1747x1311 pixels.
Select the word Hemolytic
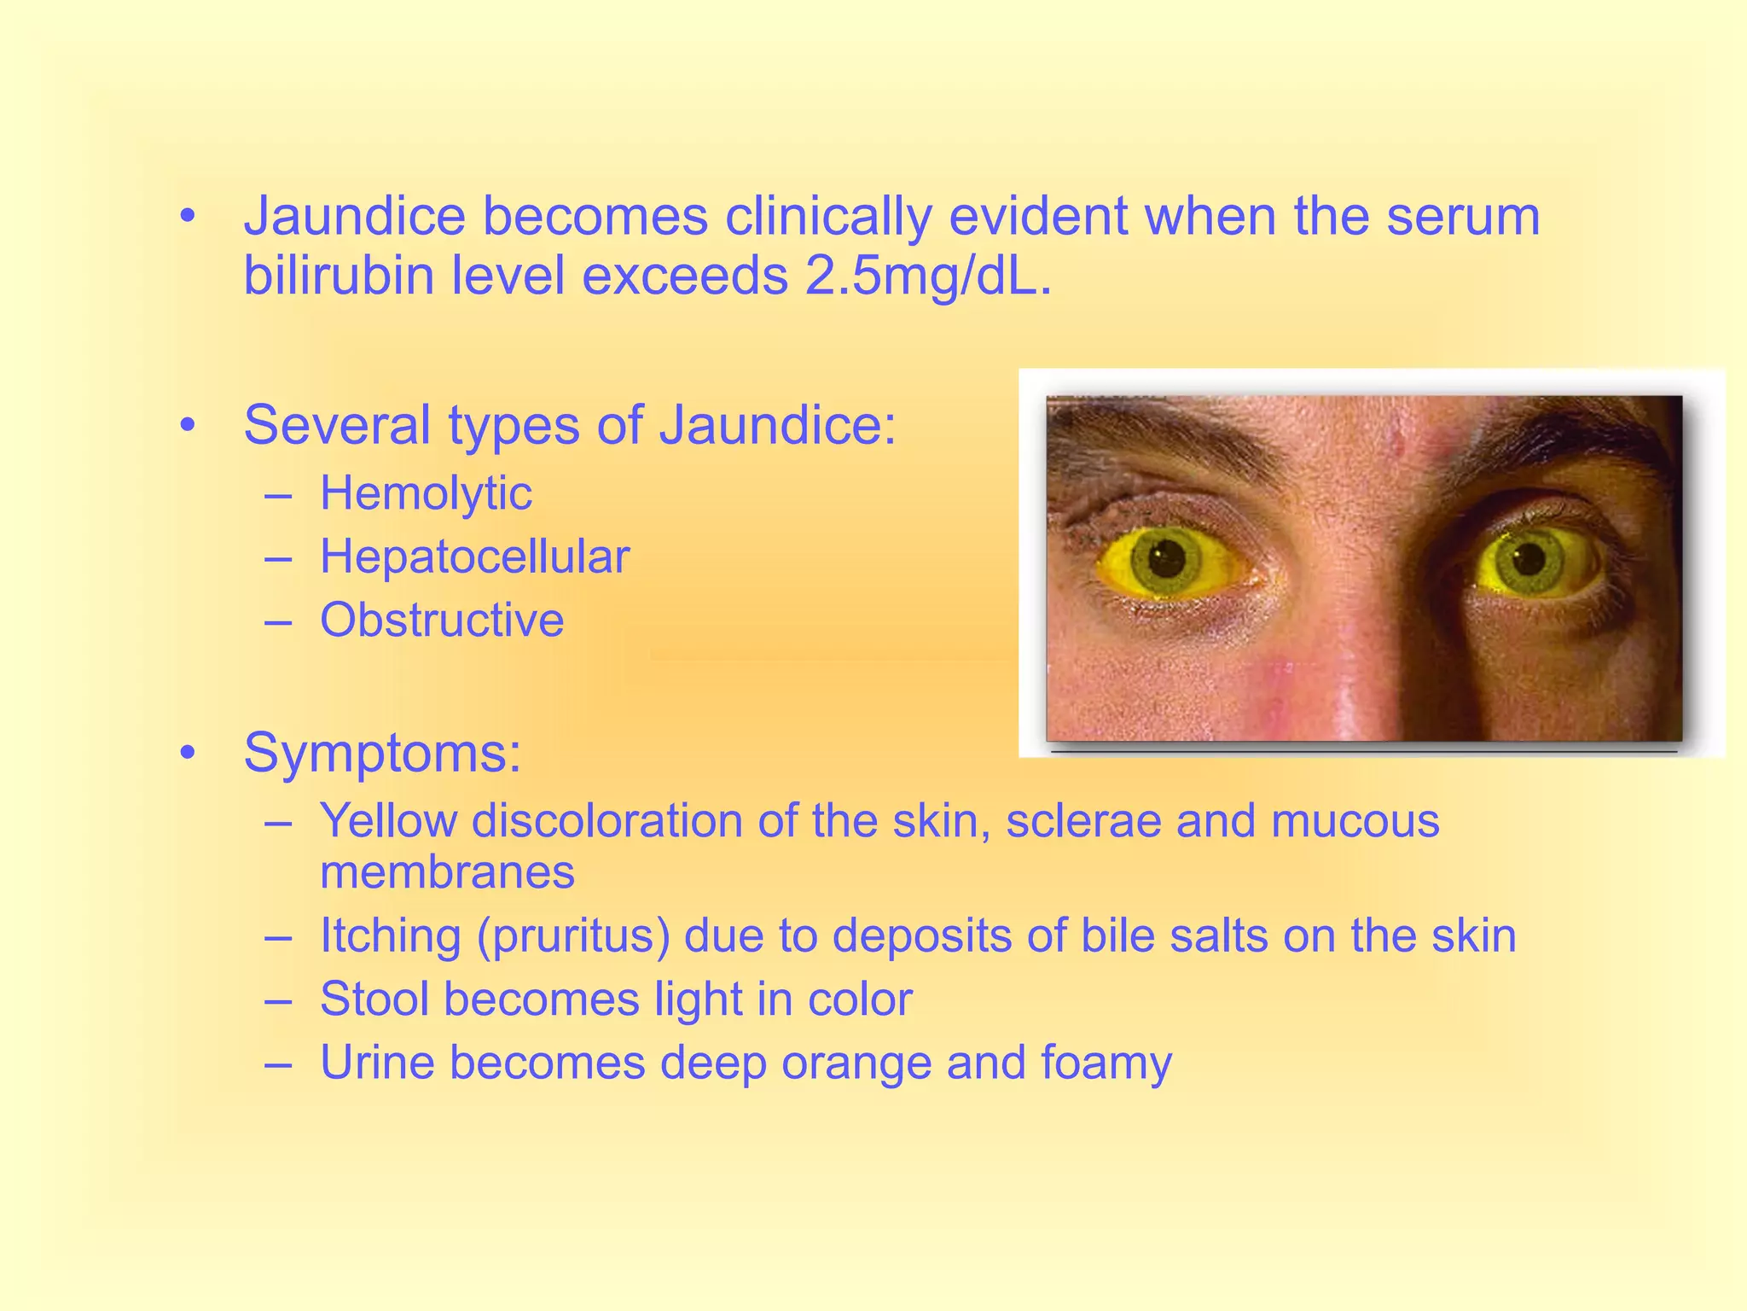click(x=426, y=493)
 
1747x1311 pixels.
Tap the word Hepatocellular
click(x=474, y=556)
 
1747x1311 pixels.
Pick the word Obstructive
click(x=442, y=620)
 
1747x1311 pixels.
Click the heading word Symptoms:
click(x=382, y=753)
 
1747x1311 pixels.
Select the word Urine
click(x=377, y=1063)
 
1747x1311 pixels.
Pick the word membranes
click(x=447, y=872)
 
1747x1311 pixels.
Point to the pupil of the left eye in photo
click(x=1165, y=560)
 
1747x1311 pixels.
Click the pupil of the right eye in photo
click(x=1529, y=560)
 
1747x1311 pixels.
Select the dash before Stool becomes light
click(x=278, y=999)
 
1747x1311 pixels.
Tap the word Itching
click(x=390, y=935)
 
